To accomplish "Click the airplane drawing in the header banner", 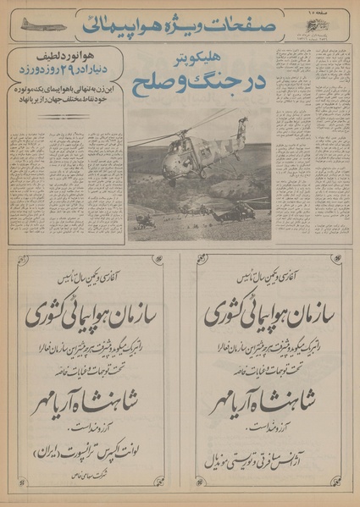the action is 42,25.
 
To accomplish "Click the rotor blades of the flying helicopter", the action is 181,128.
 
